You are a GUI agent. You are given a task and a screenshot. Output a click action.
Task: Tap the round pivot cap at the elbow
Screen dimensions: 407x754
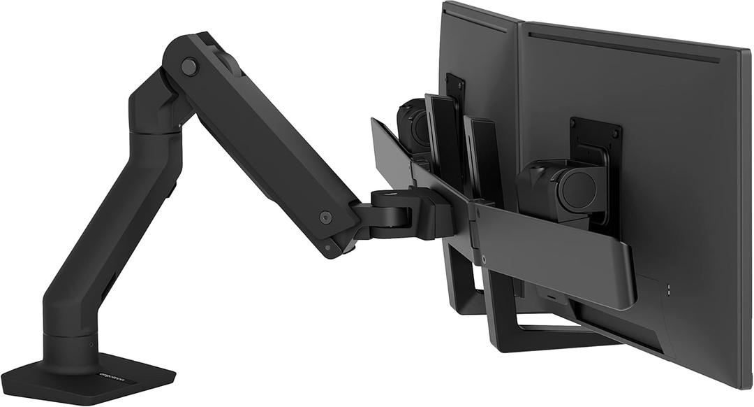coord(188,67)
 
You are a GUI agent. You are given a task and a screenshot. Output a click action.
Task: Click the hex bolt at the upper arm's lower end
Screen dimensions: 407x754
coord(325,217)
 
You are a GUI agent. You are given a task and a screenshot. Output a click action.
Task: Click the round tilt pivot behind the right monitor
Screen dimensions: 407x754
coord(577,189)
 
